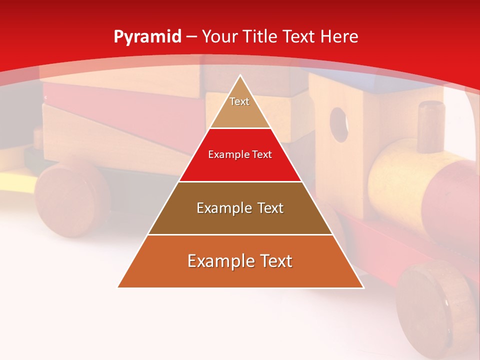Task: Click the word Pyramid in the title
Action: click(147, 37)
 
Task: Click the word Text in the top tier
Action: click(239, 101)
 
